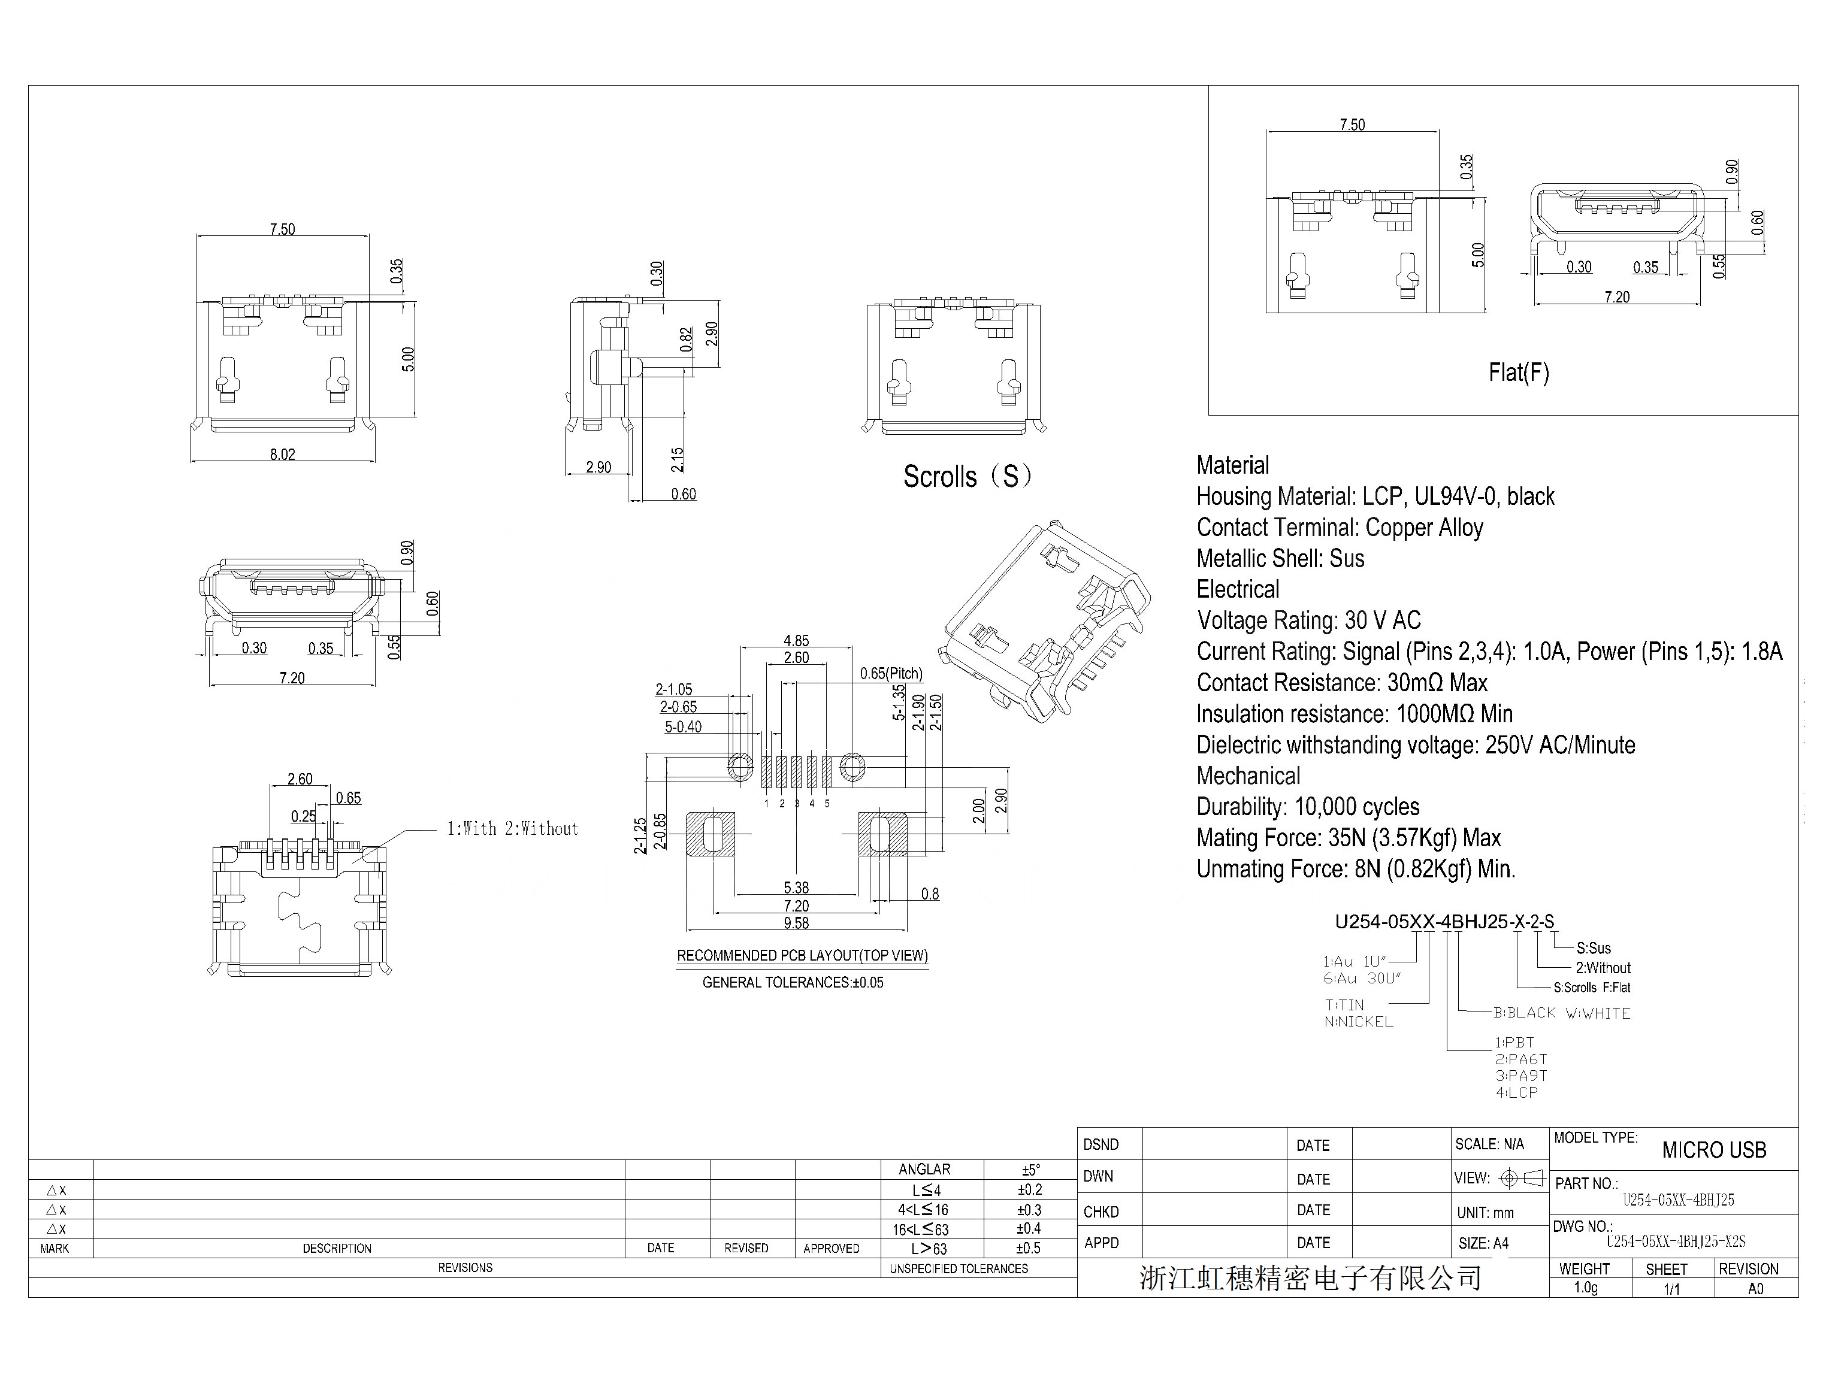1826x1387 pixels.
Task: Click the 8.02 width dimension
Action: click(282, 454)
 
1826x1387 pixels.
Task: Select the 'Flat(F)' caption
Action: click(1519, 373)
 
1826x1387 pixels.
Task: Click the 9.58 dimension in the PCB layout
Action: click(796, 923)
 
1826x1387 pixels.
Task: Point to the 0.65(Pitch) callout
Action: click(891, 674)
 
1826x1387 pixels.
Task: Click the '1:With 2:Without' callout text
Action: click(513, 829)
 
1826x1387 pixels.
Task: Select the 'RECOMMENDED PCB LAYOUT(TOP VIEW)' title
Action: click(802, 956)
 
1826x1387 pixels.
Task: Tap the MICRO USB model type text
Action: click(1714, 1150)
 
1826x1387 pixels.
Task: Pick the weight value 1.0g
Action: click(1586, 1288)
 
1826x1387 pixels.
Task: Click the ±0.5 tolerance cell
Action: click(1029, 1248)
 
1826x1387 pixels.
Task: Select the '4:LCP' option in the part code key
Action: click(1517, 1092)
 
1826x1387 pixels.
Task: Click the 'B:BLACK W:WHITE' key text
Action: click(1562, 1013)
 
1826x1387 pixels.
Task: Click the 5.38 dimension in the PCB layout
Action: click(796, 888)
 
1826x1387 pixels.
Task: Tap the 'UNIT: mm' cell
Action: click(1486, 1213)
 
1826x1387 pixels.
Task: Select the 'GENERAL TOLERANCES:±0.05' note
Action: click(793, 982)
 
